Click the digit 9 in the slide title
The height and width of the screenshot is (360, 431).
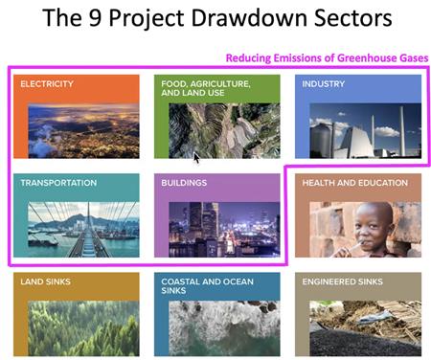(95, 18)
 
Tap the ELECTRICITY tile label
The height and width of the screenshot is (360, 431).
(47, 84)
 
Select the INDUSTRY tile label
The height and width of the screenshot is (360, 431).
(324, 84)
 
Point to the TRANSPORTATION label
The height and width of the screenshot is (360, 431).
(58, 183)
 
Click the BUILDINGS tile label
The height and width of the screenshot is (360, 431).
(184, 183)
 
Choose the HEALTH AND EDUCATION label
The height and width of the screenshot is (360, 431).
(355, 183)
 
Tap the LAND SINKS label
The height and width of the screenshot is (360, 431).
(45, 281)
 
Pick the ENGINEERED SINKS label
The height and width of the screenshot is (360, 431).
(342, 281)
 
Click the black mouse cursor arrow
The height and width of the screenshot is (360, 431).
(196, 158)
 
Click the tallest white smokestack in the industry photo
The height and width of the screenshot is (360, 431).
(402, 131)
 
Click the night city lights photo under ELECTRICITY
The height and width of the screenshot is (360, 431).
(83, 131)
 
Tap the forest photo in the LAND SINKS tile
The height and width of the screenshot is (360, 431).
(83, 328)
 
